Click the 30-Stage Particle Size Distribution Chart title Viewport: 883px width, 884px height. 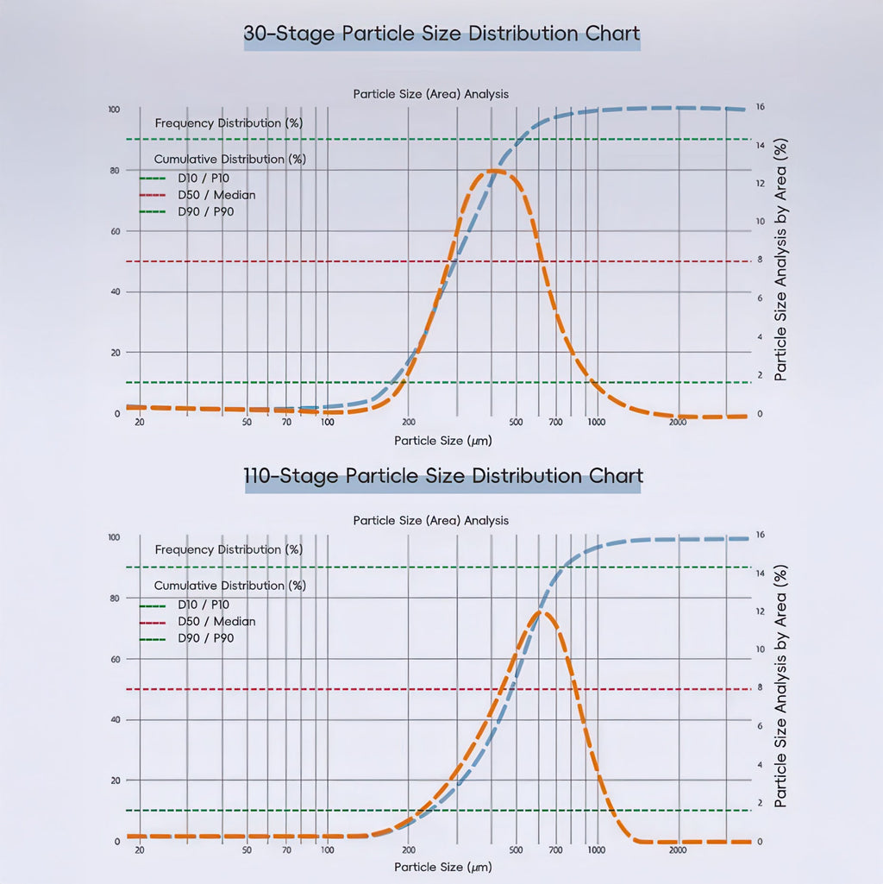(x=441, y=34)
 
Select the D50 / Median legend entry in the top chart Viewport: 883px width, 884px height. (x=216, y=195)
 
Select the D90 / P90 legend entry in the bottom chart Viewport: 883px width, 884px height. (x=205, y=638)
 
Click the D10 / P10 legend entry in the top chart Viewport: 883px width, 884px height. (x=204, y=178)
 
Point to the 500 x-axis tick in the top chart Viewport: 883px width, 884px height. (x=516, y=423)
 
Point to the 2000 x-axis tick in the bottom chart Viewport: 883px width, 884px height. (x=678, y=850)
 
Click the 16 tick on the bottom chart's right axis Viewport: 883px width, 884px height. (x=760, y=535)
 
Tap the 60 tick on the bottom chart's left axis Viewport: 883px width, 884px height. (x=116, y=659)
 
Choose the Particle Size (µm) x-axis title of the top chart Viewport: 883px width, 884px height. (x=443, y=441)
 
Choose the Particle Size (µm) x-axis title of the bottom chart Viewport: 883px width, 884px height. (x=443, y=866)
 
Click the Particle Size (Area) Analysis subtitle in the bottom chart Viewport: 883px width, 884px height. (x=430, y=521)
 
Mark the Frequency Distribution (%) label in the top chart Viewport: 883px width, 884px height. (x=229, y=123)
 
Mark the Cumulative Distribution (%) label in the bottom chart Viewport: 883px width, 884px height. (x=229, y=586)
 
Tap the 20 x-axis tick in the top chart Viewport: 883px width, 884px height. (x=140, y=423)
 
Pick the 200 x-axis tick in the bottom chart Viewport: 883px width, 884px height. (x=409, y=850)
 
